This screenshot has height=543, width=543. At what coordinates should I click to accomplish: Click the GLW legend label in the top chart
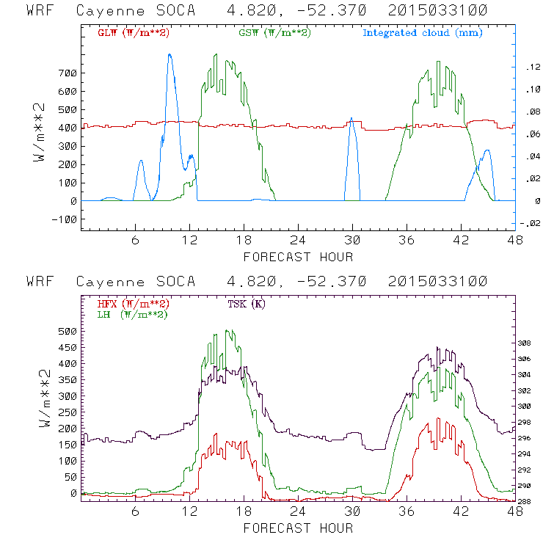pyautogui.click(x=131, y=34)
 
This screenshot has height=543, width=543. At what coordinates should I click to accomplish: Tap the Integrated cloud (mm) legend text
pyautogui.click(x=423, y=34)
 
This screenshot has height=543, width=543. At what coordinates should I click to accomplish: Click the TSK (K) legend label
pyautogui.click(x=249, y=304)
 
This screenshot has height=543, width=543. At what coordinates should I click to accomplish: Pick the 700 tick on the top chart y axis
pyautogui.click(x=66, y=73)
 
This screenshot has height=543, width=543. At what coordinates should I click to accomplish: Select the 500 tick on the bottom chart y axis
pyautogui.click(x=66, y=331)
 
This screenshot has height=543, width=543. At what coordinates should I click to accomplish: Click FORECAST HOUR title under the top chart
pyautogui.click(x=298, y=257)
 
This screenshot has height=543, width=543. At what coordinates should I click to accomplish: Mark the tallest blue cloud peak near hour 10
pyautogui.click(x=170, y=54)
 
